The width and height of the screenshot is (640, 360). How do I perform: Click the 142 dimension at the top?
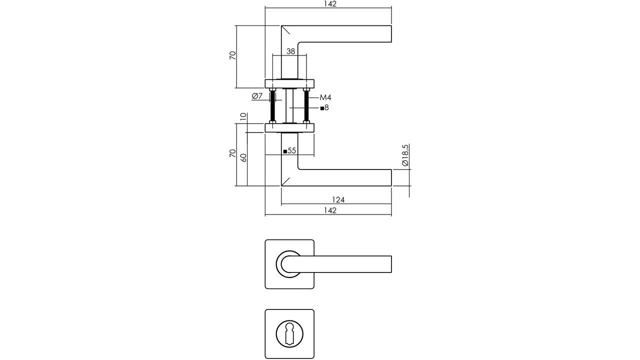[330, 4]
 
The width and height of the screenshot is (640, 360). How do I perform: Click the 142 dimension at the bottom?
[330, 210]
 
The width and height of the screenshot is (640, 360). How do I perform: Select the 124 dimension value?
[338, 200]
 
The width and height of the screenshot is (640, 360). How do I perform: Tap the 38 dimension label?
[290, 51]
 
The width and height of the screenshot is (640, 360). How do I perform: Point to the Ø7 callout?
[257, 96]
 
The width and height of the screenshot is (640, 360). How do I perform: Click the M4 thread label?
[325, 97]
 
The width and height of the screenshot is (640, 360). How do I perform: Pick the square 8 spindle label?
[324, 108]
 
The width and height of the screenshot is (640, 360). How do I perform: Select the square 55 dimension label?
[289, 151]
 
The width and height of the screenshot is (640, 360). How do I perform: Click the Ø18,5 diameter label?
[405, 155]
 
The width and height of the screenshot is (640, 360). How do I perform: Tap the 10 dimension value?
[243, 116]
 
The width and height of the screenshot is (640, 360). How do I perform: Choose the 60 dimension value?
[243, 157]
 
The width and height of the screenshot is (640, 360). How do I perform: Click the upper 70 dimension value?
[233, 55]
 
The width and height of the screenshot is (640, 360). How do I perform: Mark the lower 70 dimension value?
[233, 153]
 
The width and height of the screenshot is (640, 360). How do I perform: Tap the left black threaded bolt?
[272, 106]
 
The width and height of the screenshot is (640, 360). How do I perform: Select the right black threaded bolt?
[306, 106]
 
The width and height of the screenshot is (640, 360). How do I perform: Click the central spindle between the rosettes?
[289, 105]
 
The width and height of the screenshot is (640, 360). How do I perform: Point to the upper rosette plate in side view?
[289, 83]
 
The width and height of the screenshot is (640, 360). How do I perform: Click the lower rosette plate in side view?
[289, 127]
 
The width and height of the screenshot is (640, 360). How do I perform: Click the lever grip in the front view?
[340, 264]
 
